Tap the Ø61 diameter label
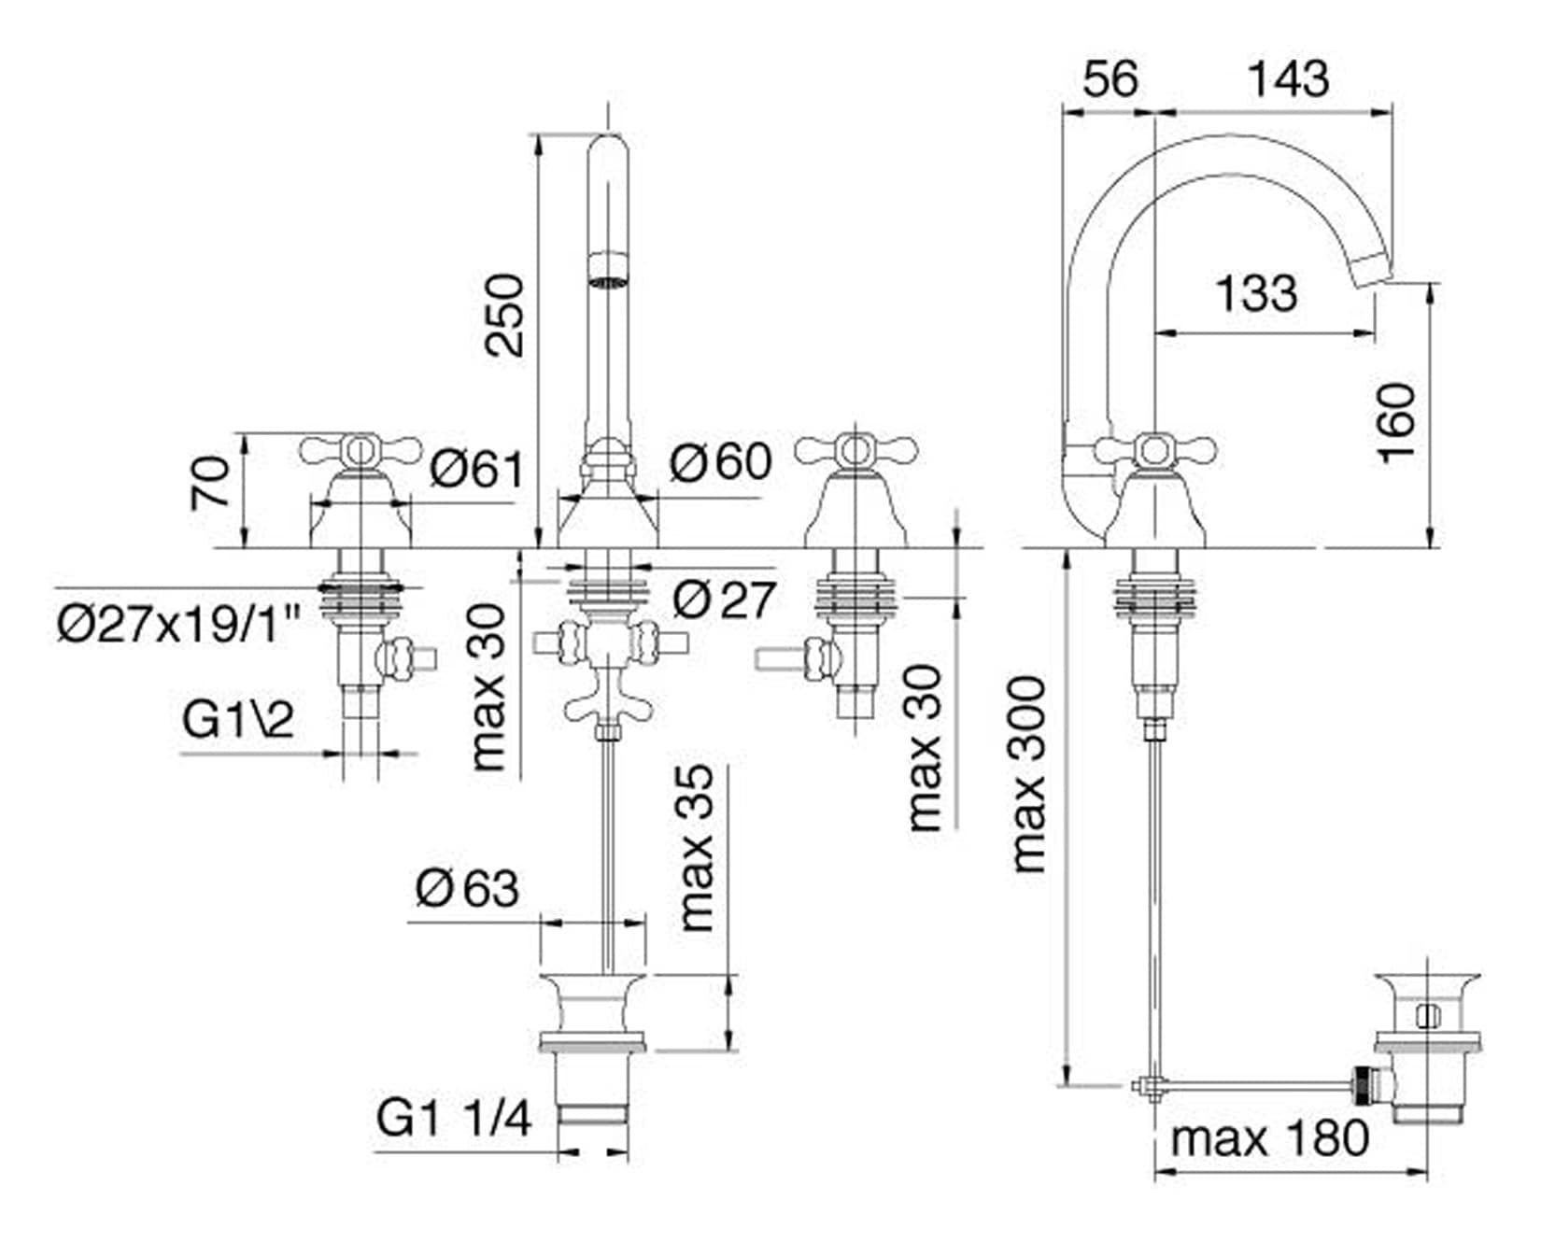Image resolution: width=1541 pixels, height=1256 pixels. (x=477, y=469)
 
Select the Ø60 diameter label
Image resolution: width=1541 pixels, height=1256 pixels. (x=721, y=461)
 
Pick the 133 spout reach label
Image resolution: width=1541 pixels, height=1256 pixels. (x=1256, y=293)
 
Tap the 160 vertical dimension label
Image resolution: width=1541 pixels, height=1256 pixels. (x=1397, y=422)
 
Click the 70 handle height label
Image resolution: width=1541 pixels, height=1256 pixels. (x=211, y=482)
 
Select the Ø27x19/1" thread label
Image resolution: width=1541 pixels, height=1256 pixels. (x=178, y=623)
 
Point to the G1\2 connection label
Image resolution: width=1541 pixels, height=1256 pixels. (x=238, y=719)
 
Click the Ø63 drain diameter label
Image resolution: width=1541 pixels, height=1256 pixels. (x=466, y=887)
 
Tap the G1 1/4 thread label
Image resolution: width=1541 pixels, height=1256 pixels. (x=454, y=1118)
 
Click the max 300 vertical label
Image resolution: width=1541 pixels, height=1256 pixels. (x=1029, y=774)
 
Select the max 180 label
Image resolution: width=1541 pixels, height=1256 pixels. (x=1270, y=1138)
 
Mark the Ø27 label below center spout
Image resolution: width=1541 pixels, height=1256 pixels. (x=724, y=599)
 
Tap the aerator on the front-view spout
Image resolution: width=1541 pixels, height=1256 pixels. (x=608, y=278)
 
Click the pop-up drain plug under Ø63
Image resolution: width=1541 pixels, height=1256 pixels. (x=593, y=1012)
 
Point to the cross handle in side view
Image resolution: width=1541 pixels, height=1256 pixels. (x=1154, y=451)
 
